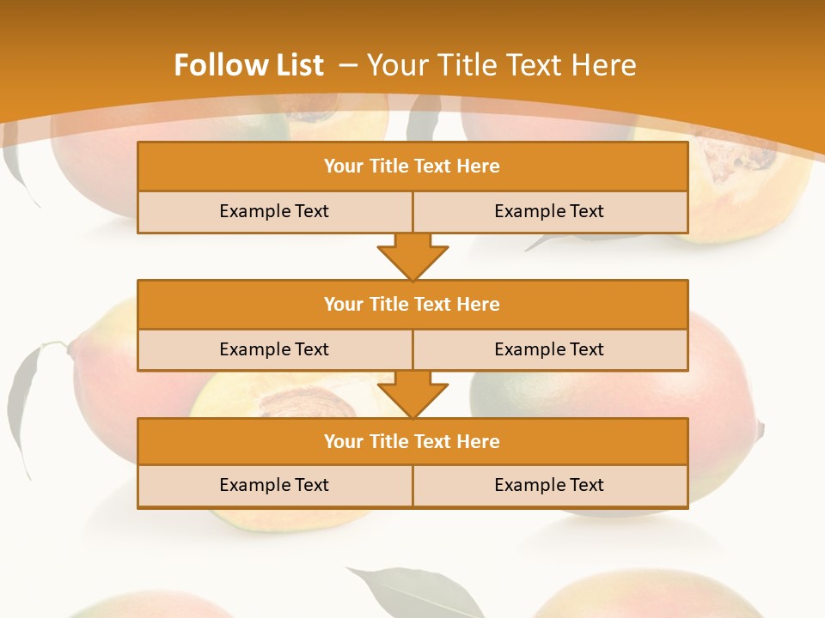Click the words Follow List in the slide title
click(248, 65)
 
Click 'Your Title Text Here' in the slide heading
click(501, 65)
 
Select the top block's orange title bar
click(412, 167)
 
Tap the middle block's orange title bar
click(412, 304)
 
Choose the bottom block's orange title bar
click(412, 441)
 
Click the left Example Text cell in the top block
click(274, 211)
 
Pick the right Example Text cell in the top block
click(549, 211)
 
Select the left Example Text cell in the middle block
click(274, 349)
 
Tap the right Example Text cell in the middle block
click(549, 349)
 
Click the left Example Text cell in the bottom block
click(274, 485)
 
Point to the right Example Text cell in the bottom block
click(549, 485)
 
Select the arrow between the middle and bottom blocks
click(412, 395)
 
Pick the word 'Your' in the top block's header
click(344, 167)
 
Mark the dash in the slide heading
click(348, 65)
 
